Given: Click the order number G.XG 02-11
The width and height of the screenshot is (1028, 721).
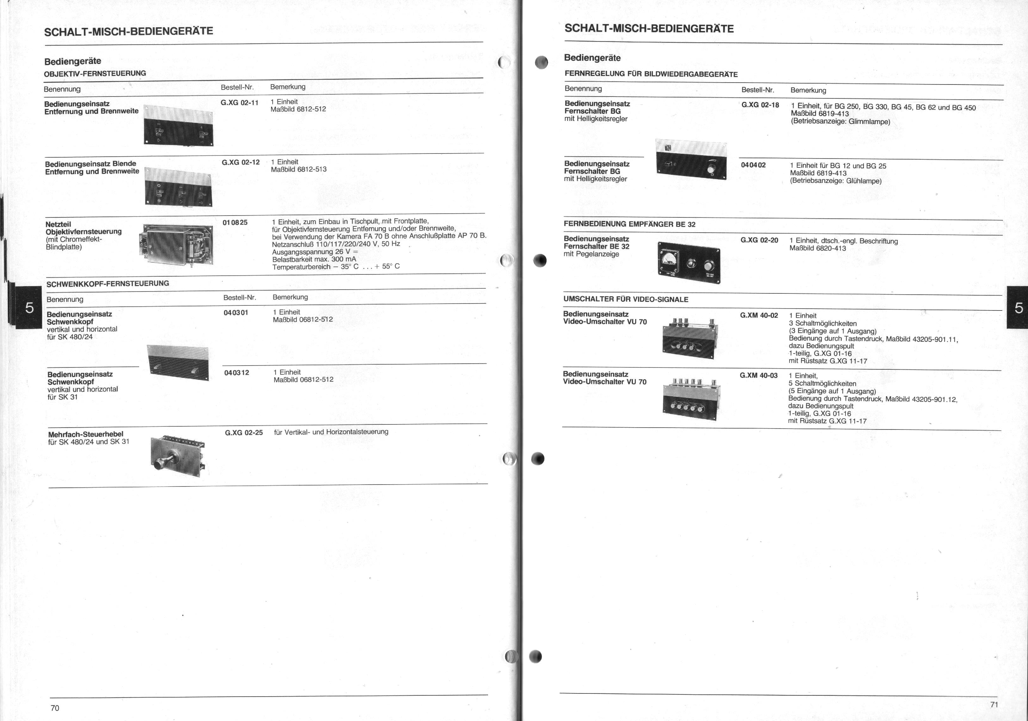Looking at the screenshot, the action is coord(239,103).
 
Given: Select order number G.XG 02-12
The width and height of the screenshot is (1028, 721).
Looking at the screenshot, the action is coord(240,162).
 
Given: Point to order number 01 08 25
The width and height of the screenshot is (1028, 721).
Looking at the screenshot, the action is coord(235,222).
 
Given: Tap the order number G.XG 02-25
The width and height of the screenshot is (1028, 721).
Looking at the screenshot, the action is coord(244,432).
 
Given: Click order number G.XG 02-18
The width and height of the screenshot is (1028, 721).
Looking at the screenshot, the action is coord(760,105).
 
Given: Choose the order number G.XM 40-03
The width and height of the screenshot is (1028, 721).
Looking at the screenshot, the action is coord(759,375).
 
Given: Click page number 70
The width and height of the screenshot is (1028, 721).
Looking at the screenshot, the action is coord(55,708).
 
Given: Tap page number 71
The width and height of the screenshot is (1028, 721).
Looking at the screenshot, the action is coord(994,705).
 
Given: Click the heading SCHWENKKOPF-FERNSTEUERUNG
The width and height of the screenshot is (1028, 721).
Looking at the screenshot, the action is coord(108,284).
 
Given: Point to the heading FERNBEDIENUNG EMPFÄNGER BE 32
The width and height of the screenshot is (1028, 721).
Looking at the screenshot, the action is coord(629,224).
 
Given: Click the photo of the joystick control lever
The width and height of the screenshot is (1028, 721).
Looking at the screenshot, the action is coord(178,456).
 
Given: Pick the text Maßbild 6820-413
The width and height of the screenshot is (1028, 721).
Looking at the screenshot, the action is coord(818,248).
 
